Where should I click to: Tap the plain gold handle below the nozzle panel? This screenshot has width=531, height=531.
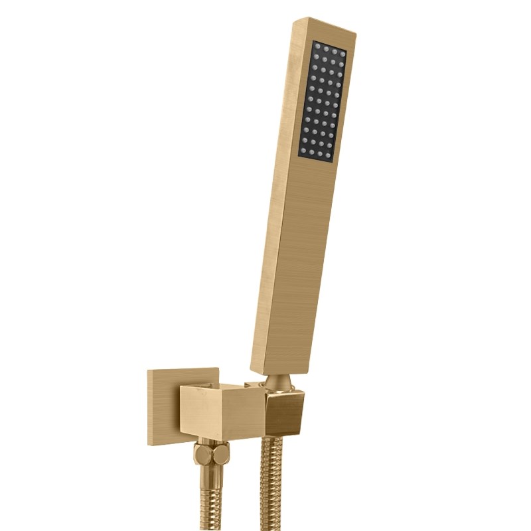296,265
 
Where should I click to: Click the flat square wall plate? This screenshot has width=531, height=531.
163,405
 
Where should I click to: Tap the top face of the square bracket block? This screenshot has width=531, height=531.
219,388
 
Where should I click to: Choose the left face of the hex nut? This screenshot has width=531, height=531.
201,457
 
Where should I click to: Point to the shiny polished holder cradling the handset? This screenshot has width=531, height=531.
282,412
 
